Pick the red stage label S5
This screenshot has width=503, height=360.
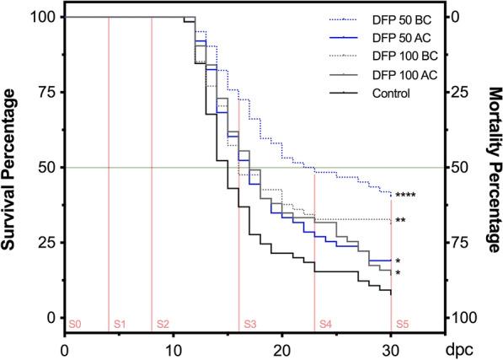[403, 324]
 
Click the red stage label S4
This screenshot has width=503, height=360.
[325, 324]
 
